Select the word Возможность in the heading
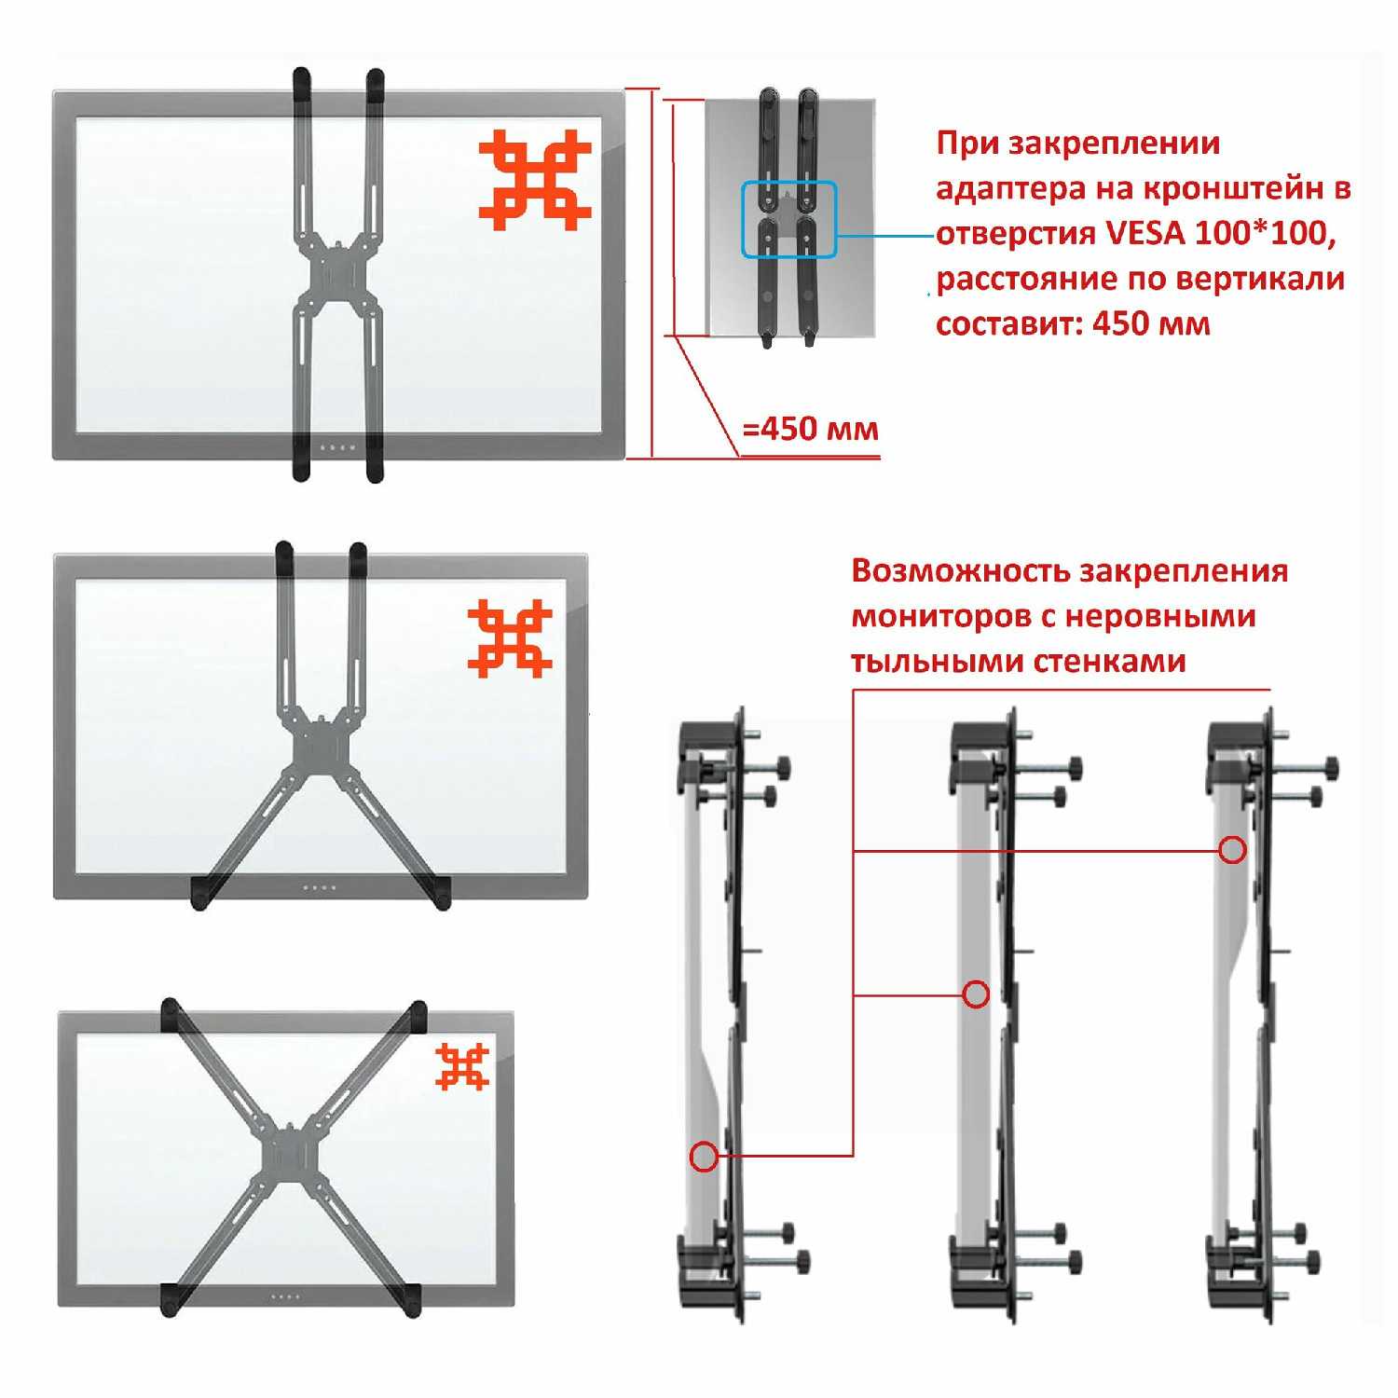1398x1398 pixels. pos(960,571)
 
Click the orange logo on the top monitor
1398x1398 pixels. pos(535,180)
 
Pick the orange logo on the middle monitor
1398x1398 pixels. pos(510,638)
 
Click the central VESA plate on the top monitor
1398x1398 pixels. pos(337,274)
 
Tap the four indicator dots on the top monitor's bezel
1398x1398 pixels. pos(337,448)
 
